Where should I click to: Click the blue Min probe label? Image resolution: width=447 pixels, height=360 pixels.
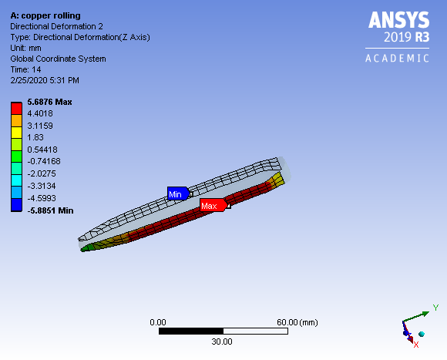176,194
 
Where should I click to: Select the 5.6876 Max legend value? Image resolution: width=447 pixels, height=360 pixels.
49,102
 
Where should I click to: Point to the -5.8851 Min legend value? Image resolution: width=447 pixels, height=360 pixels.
50,209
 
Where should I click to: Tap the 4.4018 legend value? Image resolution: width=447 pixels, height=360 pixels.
41,113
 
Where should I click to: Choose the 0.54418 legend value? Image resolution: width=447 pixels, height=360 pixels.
43,149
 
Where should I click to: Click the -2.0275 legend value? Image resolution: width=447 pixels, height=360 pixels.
42,173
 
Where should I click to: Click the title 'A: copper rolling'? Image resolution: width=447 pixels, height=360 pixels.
45,15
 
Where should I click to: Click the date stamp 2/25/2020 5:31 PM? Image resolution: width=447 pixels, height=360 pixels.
45,80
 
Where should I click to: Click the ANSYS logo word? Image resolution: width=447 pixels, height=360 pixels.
397,19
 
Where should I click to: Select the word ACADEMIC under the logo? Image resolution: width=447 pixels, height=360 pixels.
397,59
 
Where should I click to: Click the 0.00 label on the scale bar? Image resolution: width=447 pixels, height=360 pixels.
158,321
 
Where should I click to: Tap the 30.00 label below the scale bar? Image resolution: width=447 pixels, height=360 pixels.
222,341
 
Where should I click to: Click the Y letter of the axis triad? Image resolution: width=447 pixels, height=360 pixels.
435,308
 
